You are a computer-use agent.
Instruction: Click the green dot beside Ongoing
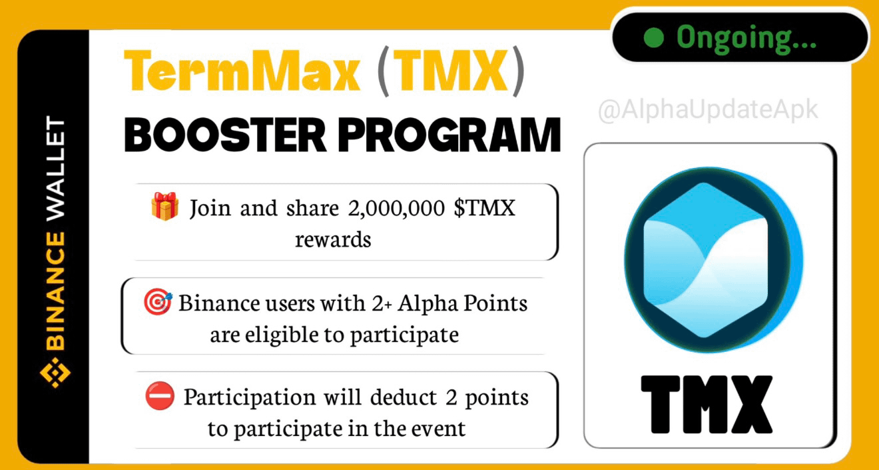click(654, 38)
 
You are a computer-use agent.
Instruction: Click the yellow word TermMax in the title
click(242, 71)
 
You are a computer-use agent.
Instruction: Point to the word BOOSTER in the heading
click(225, 135)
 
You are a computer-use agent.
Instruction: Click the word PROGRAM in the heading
click(449, 135)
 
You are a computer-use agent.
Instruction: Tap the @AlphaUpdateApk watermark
click(708, 109)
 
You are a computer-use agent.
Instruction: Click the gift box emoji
click(165, 206)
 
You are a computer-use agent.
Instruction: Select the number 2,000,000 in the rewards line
click(396, 208)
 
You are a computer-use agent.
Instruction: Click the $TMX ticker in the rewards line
click(484, 207)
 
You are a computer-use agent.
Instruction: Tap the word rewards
click(333, 239)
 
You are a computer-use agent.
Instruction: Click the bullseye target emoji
click(158, 302)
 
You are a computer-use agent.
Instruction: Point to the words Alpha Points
click(462, 304)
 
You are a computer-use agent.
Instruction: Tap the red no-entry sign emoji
click(160, 396)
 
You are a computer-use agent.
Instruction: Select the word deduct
click(404, 397)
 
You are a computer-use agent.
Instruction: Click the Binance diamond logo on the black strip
click(55, 373)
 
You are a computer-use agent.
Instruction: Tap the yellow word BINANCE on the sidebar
click(55, 291)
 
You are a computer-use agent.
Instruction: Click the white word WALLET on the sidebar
click(55, 168)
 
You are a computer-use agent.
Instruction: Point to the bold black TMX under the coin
click(707, 405)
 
